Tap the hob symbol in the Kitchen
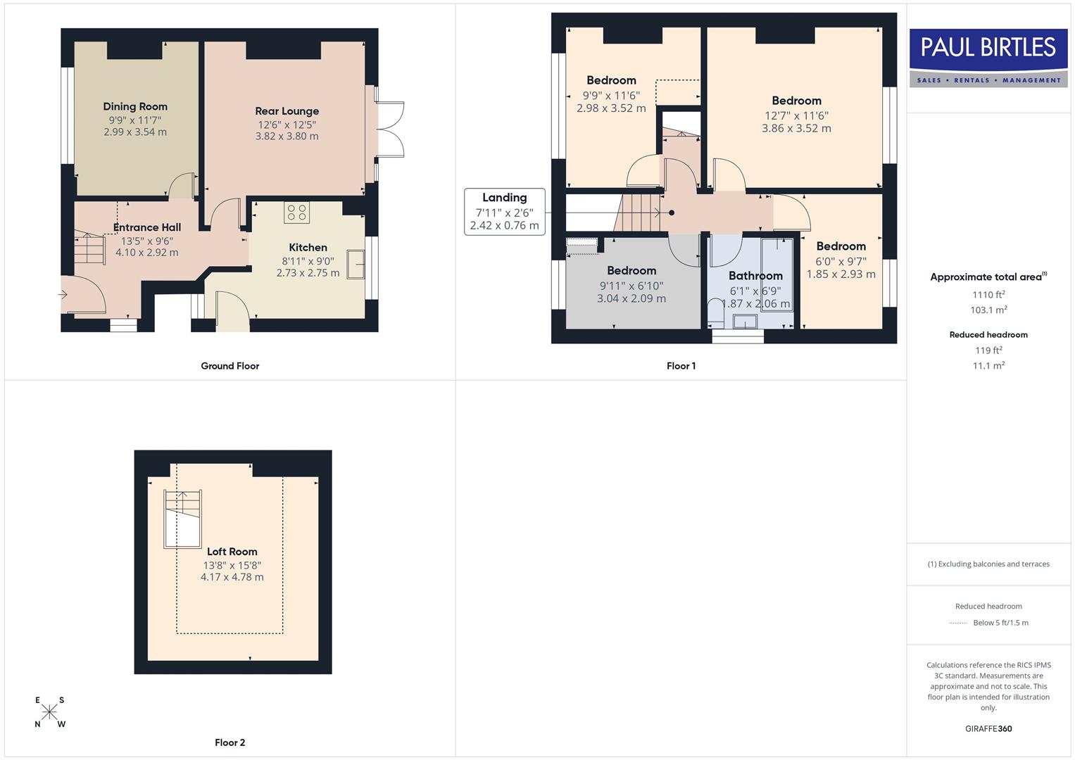297,213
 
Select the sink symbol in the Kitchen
356,265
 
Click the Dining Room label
135,107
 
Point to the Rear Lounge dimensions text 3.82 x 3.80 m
287,137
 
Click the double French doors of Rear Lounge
390,129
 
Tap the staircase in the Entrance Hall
89,249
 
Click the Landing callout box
504,211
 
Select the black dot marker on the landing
672,213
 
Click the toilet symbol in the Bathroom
716,312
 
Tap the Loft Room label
232,552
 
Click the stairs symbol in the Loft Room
182,519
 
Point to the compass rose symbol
49,711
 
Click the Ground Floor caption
230,366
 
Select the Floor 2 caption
230,742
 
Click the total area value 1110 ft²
988,295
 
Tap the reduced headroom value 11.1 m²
988,366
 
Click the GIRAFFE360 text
988,729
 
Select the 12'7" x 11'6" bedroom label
796,101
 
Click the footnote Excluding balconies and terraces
988,564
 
